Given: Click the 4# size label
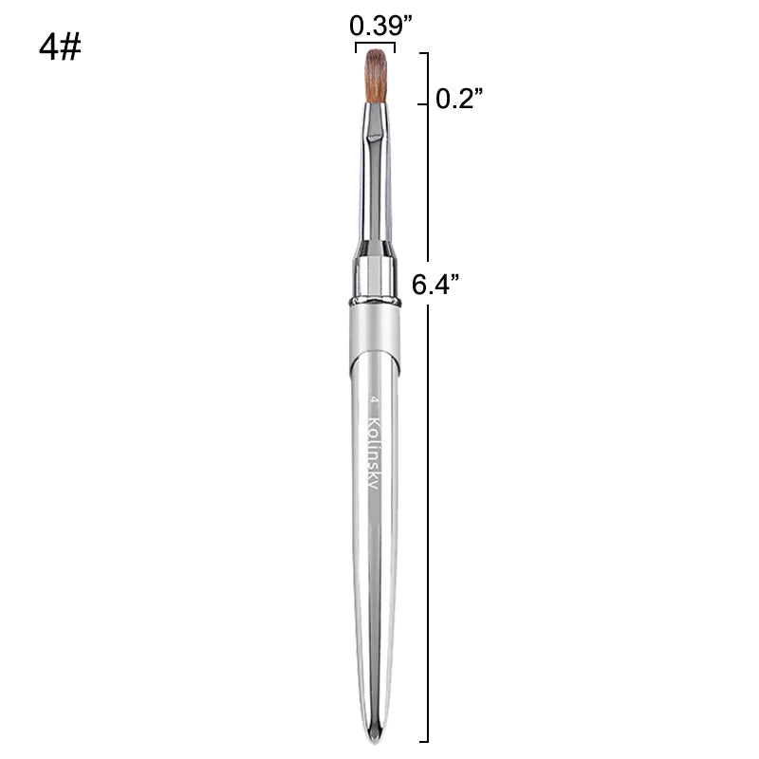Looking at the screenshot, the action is click(60, 48).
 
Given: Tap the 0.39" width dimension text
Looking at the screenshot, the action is click(380, 26).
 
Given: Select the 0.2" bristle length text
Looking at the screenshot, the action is click(459, 99).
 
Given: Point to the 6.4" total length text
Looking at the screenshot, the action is click(435, 284).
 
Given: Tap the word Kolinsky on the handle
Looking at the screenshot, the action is click(374, 452).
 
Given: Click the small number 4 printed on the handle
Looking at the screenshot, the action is click(374, 399).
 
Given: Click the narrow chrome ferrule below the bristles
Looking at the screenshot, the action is click(375, 170).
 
